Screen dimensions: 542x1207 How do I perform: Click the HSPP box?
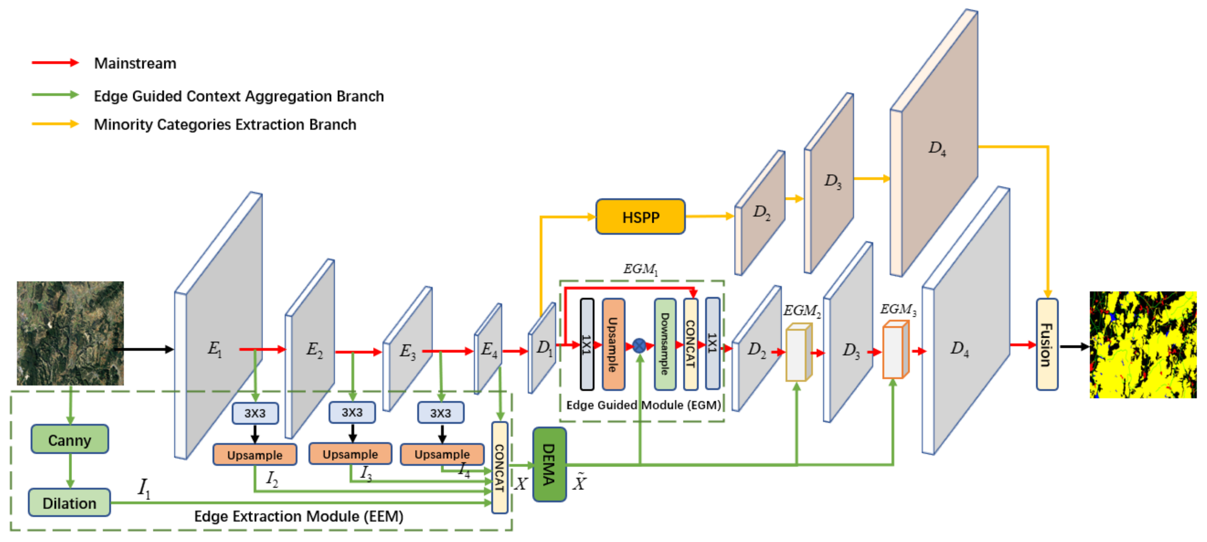[x=640, y=217]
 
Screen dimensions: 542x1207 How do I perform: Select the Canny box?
[x=70, y=439]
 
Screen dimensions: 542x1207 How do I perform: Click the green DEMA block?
[x=549, y=464]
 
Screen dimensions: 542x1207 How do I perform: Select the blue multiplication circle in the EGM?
[x=639, y=346]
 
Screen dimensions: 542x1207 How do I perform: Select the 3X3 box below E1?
[x=255, y=413]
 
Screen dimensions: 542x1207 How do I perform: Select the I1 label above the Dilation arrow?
[x=144, y=488]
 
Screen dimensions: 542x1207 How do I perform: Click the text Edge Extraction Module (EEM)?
[x=298, y=516]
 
